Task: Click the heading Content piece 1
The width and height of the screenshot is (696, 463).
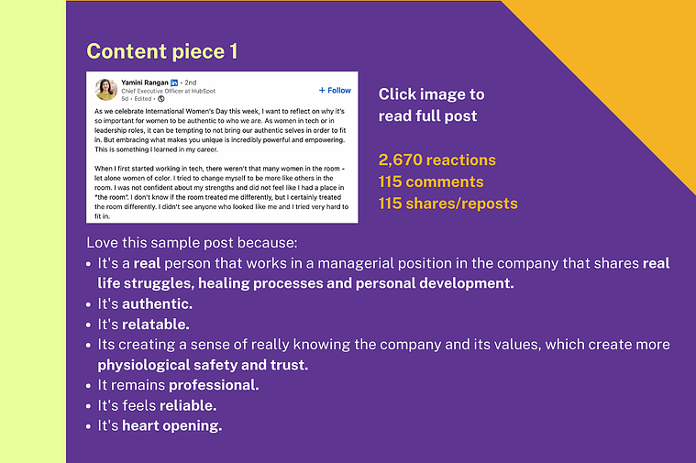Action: coord(162,51)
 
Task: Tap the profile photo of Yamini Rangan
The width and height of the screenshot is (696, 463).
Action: coord(105,90)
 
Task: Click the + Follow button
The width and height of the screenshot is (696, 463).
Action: coord(335,90)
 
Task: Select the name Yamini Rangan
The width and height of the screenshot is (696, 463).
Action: coord(145,83)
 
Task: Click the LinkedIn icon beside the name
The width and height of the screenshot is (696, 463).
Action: coord(174,83)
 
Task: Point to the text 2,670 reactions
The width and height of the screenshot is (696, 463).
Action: coord(436,160)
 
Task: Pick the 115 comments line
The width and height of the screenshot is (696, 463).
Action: coord(431,182)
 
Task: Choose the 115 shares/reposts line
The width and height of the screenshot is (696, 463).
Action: coord(447,204)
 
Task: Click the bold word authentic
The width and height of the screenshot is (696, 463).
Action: coord(157,304)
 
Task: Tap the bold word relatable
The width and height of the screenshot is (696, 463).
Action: coord(155,325)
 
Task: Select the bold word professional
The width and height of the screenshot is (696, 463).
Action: coord(214,385)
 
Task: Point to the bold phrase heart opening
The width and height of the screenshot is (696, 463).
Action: coord(171,426)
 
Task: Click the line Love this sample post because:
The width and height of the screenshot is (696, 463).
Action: coord(192,243)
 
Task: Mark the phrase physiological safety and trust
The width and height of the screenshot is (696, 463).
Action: coord(203,365)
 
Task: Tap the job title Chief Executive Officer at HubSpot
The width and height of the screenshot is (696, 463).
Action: coord(168,91)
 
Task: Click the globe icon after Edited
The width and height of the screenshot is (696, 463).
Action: coord(161,98)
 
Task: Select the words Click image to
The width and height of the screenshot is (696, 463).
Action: coord(432,94)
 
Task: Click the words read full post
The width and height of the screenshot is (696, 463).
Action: coord(427,116)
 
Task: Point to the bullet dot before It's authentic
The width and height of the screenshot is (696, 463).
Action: coord(89,305)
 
